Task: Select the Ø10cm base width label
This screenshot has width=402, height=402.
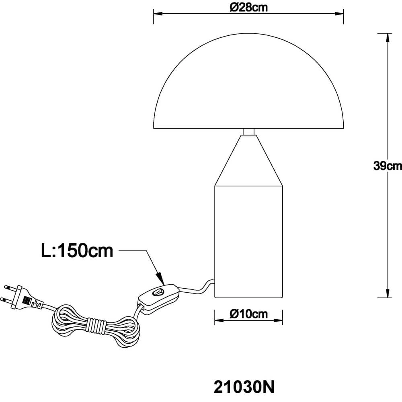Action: click(248, 314)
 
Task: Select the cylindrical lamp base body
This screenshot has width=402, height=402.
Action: click(248, 241)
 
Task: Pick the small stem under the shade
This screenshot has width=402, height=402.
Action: click(248, 131)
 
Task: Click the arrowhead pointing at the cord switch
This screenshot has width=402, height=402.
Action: click(160, 278)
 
